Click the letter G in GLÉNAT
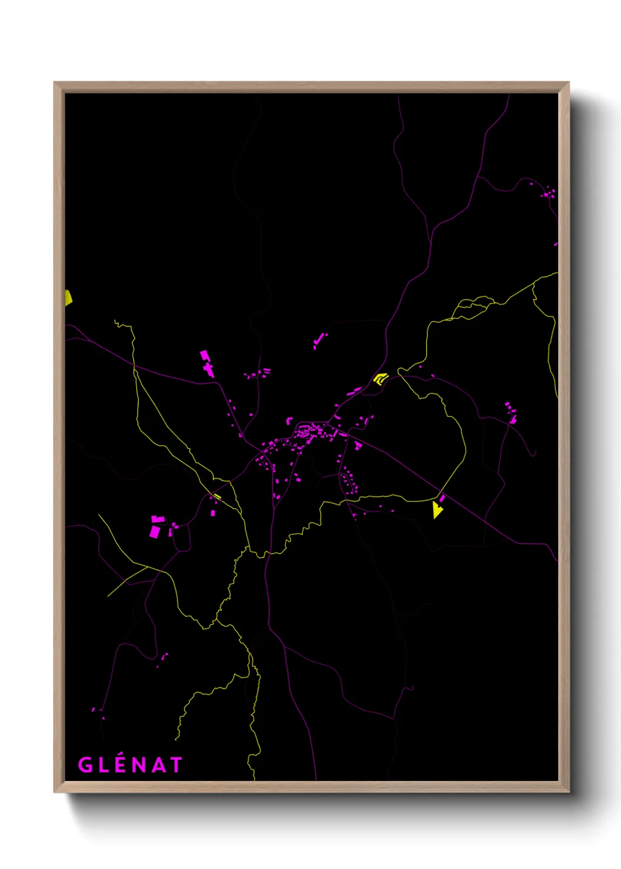[x=85, y=764]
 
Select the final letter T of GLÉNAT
[x=176, y=764]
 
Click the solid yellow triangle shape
[x=437, y=510]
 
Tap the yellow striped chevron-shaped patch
[x=381, y=378]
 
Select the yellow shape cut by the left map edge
[x=68, y=298]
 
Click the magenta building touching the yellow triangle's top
[x=442, y=499]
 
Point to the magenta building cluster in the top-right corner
[x=549, y=192]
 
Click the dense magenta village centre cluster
[x=308, y=433]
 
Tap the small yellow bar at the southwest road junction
[x=217, y=497]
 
